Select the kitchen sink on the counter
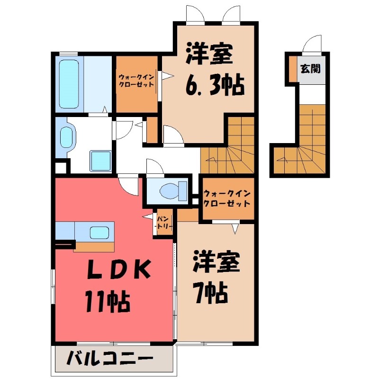click(x=100, y=232)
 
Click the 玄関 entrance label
click(x=310, y=68)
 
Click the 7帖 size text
click(x=210, y=294)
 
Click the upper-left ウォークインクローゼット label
click(x=136, y=81)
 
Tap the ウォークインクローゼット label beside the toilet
click(x=226, y=199)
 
